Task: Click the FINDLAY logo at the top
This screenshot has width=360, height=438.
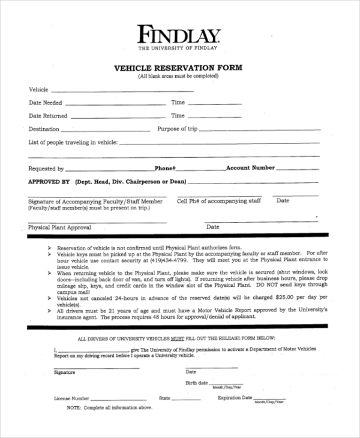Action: tap(178, 34)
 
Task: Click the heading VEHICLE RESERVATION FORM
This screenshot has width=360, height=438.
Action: tap(178, 68)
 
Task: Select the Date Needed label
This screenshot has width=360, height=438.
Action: tap(46, 103)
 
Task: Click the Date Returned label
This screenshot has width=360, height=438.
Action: tap(48, 116)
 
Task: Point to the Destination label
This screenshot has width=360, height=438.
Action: tap(44, 129)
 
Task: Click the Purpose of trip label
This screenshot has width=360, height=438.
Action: tap(177, 129)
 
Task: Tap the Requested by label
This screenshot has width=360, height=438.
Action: tap(46, 169)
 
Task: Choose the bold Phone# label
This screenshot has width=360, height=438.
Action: tap(164, 169)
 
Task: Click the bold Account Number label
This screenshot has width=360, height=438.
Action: tap(250, 168)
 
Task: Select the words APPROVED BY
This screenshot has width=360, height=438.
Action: tap(49, 181)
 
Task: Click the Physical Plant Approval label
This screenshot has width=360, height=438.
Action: tap(59, 227)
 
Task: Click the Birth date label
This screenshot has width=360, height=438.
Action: tap(196, 383)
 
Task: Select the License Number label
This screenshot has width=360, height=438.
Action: tap(71, 398)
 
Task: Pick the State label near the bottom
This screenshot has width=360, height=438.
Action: tap(164, 398)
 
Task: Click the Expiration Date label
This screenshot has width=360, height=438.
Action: tap(235, 398)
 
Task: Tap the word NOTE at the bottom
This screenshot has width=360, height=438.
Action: tap(74, 407)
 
